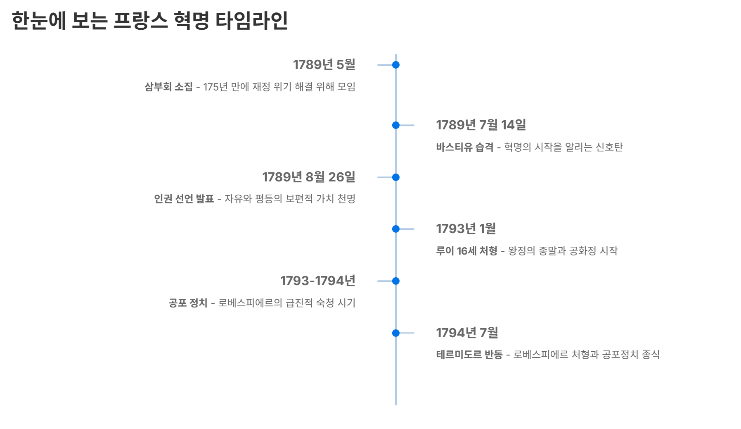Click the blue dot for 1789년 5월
pyautogui.click(x=395, y=65)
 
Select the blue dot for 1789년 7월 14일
pyautogui.click(x=395, y=125)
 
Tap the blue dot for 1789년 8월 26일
pyautogui.click(x=395, y=177)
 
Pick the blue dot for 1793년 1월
pyautogui.click(x=395, y=229)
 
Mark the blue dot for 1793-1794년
pyautogui.click(x=395, y=281)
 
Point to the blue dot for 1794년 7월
pyautogui.click(x=395, y=333)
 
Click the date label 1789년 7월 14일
pyautogui.click(x=481, y=125)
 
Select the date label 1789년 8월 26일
pyautogui.click(x=309, y=177)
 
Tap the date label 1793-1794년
pyautogui.click(x=318, y=281)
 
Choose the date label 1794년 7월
pyautogui.click(x=467, y=333)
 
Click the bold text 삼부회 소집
pyautogui.click(x=168, y=87)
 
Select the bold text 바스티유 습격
pyautogui.click(x=464, y=147)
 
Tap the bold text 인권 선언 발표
pyautogui.click(x=184, y=199)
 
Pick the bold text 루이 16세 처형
pyautogui.click(x=466, y=251)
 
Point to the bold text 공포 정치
pyautogui.click(x=188, y=303)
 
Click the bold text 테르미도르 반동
pyautogui.click(x=469, y=355)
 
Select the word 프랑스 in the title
pyautogui.click(x=140, y=21)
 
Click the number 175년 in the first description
pyautogui.click(x=215, y=87)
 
